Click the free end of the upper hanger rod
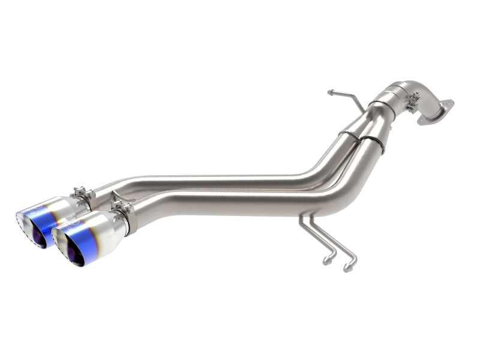tap(331, 92)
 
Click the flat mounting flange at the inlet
tap(436, 113)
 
